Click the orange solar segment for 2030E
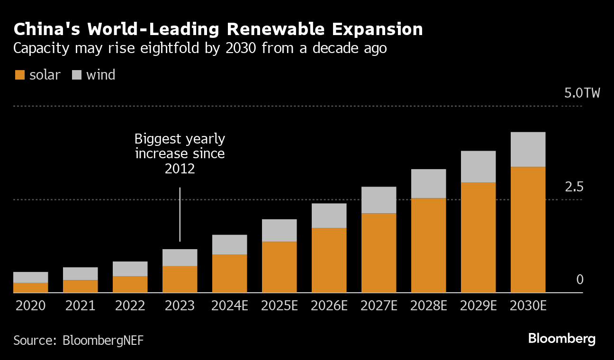(528, 230)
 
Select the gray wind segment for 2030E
(528, 150)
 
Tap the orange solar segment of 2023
(180, 279)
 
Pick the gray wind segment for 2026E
(329, 216)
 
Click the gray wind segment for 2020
(30, 277)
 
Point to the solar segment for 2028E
(428, 245)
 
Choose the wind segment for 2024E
(229, 245)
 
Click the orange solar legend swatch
(19, 75)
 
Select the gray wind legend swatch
(77, 75)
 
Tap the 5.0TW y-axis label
(582, 93)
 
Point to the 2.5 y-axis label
(574, 187)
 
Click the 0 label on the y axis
(579, 280)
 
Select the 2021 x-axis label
(80, 306)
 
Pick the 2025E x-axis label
(280, 306)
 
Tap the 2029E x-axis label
(478, 306)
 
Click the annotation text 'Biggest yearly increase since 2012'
(180, 154)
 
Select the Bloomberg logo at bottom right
(561, 339)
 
